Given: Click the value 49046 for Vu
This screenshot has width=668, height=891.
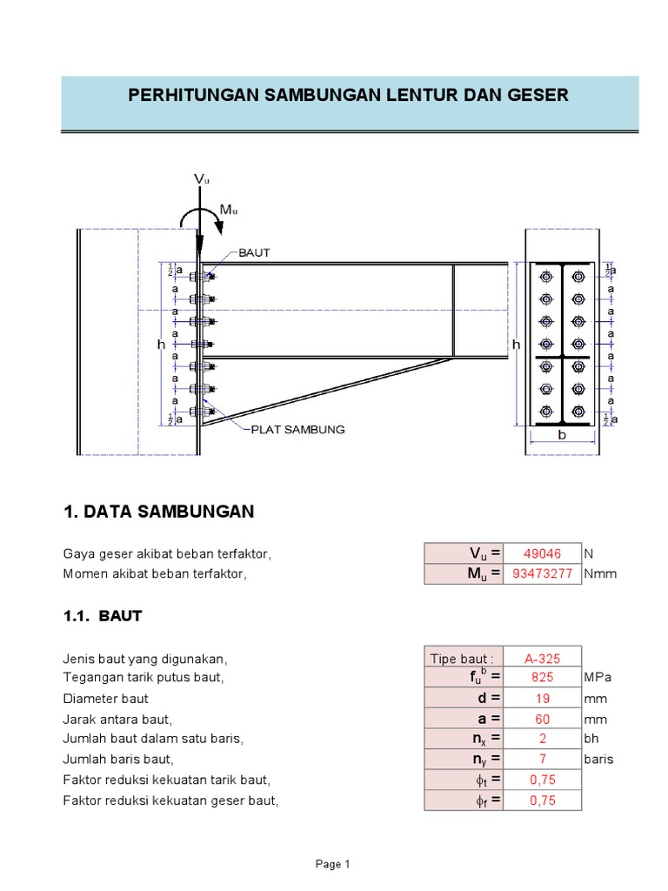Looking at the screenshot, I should (x=542, y=553).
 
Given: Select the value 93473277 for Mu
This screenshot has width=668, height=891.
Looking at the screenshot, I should (x=542, y=574).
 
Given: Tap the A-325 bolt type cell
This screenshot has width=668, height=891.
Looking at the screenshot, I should (x=542, y=659).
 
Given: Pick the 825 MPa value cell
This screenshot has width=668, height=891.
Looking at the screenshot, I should (x=542, y=677).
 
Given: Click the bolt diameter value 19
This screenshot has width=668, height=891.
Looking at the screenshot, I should (x=542, y=698).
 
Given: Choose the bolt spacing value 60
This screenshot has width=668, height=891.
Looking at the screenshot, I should (x=542, y=719).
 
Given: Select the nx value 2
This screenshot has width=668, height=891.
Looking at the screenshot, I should (x=542, y=739).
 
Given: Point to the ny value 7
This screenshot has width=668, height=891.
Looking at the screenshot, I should (x=542, y=759).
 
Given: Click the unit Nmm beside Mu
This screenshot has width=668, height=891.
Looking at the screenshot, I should (x=600, y=574).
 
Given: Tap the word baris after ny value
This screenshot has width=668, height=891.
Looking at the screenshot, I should (x=599, y=759).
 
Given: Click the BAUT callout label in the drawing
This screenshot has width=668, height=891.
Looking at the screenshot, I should (x=254, y=253).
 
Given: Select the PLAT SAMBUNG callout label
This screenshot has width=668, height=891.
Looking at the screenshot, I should (x=297, y=429).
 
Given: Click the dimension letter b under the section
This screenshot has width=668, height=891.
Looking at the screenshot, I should (x=562, y=434).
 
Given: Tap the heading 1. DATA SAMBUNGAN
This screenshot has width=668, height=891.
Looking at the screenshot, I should (x=159, y=512).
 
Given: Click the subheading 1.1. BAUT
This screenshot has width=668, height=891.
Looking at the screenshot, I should (x=103, y=616).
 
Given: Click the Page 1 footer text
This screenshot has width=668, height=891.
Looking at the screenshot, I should (x=332, y=864).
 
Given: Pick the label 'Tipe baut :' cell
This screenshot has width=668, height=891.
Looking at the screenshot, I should (x=462, y=659).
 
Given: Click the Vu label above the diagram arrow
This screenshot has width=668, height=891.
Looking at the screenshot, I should (x=202, y=179).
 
